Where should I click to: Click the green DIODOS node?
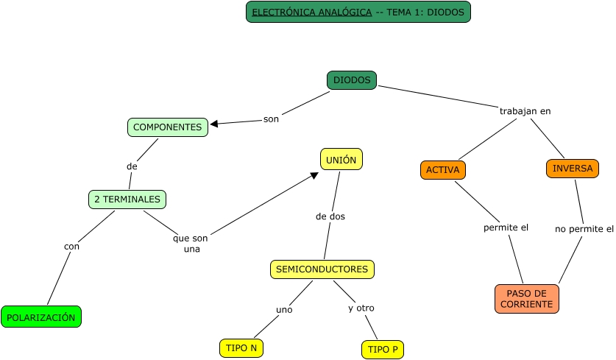tap(352, 80)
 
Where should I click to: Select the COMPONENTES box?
tap(167, 127)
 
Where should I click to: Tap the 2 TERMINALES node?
tap(127, 199)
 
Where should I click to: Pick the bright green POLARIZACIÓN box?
tap(41, 317)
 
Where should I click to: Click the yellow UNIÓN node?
tap(341, 159)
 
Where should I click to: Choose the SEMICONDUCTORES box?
tap(322, 269)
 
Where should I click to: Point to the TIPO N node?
tap(241, 347)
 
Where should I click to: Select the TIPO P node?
tap(383, 350)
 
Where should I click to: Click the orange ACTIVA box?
tap(443, 170)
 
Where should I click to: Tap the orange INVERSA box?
tap(573, 169)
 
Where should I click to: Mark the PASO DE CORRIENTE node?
tap(527, 299)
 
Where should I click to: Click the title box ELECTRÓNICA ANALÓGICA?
tap(358, 12)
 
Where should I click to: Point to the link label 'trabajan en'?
tap(525, 111)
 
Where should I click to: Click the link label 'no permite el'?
tap(584, 229)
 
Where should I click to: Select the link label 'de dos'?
tap(330, 216)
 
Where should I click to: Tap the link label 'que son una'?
tap(191, 244)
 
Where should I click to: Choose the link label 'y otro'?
tap(361, 308)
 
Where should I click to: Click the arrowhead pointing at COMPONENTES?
tap(214, 124)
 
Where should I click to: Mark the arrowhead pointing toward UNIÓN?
tap(314, 175)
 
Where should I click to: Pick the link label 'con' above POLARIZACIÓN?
tap(71, 246)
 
